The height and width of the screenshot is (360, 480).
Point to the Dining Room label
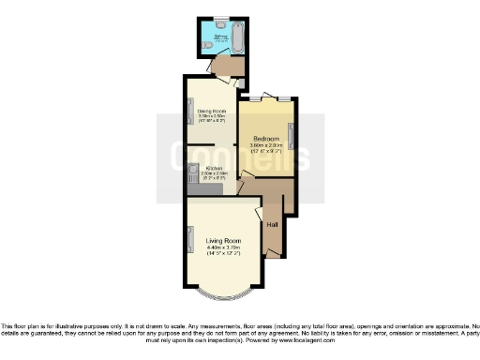(x=212, y=110)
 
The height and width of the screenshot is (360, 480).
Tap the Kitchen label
(x=214, y=167)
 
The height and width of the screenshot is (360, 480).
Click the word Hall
(x=272, y=225)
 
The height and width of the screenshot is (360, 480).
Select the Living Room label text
(x=224, y=241)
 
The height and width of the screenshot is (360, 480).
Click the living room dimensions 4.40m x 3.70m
(x=224, y=247)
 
